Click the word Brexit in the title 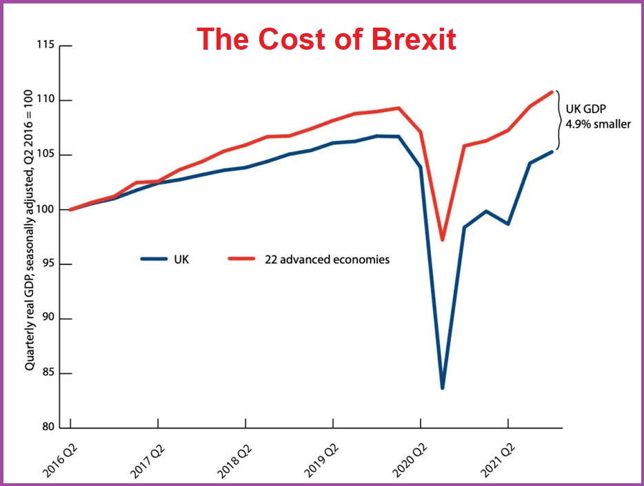click(x=414, y=39)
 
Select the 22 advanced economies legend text click(x=328, y=260)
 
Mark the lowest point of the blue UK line click(x=442, y=387)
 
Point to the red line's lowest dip click(x=442, y=240)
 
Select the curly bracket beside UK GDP click(x=559, y=121)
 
